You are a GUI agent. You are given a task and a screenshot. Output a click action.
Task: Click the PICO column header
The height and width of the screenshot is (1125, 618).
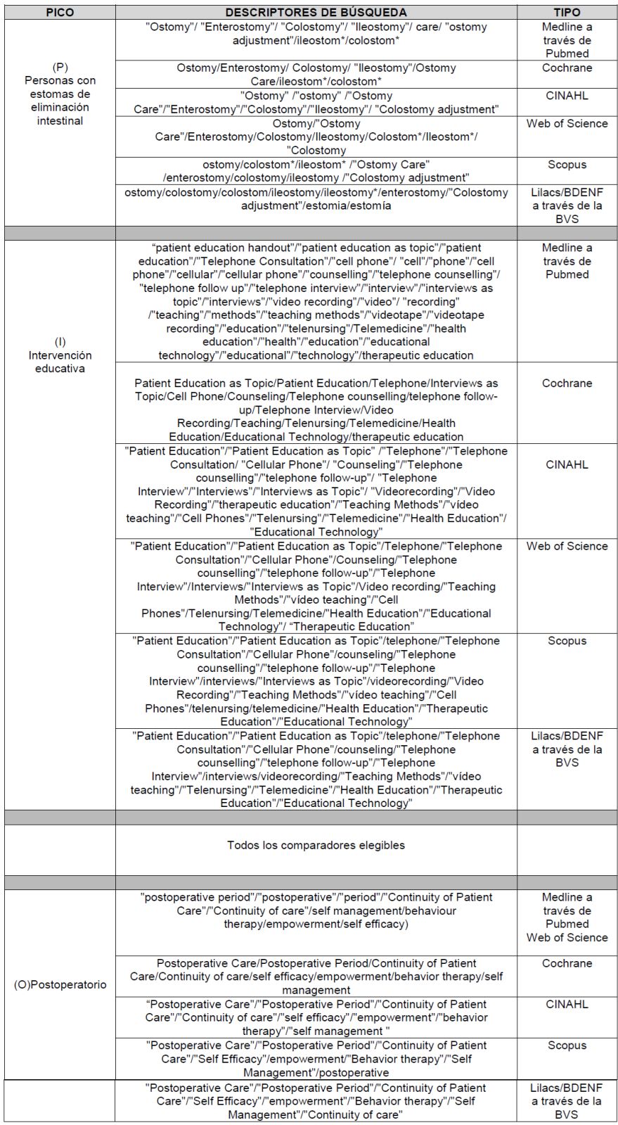pyautogui.click(x=60, y=13)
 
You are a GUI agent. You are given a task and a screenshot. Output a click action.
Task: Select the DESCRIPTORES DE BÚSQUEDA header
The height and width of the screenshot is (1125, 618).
pyautogui.click(x=316, y=13)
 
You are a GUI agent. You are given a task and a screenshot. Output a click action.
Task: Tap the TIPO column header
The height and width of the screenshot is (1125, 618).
pyautogui.click(x=567, y=13)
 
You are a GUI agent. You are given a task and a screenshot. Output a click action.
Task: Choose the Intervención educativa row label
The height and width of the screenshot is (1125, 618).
pyautogui.click(x=60, y=355)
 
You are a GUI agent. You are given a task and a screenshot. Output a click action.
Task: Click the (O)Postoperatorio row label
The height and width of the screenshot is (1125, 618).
pyautogui.click(x=60, y=984)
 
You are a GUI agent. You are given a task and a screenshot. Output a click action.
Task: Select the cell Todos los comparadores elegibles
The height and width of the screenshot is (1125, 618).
pyautogui.click(x=316, y=845)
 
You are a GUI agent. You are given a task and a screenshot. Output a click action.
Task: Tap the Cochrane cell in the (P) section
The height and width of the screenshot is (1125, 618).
pyautogui.click(x=567, y=68)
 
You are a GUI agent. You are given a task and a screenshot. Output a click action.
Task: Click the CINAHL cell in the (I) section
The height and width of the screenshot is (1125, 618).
pyautogui.click(x=567, y=464)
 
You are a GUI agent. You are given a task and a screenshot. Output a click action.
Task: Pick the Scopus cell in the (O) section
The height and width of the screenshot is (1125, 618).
pyautogui.click(x=567, y=1045)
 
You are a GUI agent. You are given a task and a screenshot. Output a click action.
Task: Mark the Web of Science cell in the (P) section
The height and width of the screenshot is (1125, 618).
pyautogui.click(x=567, y=124)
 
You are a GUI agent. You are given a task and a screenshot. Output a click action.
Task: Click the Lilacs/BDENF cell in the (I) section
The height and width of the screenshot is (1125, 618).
pyautogui.click(x=567, y=749)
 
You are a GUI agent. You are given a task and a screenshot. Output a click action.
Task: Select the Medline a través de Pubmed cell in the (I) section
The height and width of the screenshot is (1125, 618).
pyautogui.click(x=567, y=261)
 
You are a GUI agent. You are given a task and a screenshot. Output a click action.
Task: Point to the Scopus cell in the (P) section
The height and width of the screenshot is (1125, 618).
pyautogui.click(x=567, y=165)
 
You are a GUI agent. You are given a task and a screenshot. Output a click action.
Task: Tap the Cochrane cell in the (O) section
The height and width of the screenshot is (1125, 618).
pyautogui.click(x=567, y=963)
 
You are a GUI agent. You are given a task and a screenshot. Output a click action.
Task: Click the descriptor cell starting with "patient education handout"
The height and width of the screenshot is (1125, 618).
pyautogui.click(x=316, y=301)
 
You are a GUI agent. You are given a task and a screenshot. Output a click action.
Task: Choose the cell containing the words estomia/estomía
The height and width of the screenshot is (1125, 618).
pyautogui.click(x=316, y=199)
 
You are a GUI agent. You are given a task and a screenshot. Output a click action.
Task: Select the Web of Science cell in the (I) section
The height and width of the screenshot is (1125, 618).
pyautogui.click(x=567, y=547)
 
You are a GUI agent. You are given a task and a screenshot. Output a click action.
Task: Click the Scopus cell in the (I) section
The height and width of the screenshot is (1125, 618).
pyautogui.click(x=567, y=641)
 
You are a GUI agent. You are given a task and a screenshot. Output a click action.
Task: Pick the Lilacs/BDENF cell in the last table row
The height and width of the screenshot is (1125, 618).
pyautogui.click(x=567, y=1101)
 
